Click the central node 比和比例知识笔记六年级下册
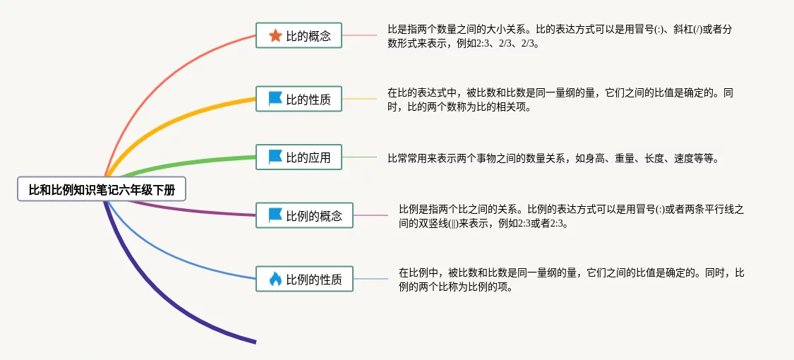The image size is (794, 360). pos(102,189)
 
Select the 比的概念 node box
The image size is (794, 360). pos(299,35)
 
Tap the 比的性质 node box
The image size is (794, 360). pos(299,99)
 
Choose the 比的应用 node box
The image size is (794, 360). pos(299,157)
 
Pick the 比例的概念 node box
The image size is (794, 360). pos(304,215)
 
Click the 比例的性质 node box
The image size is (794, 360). pos(304,279)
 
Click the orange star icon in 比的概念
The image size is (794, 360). pos(275,35)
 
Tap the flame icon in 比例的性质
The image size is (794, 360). pos(275,279)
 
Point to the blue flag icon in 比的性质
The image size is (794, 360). pos(275,99)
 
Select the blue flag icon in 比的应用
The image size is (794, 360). pos(275,157)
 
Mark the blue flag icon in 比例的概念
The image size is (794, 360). pos(275,215)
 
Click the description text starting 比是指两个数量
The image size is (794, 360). pos(560,37)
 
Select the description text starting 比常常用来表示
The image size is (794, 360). pos(553,159)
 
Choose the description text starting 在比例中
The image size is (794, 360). pos(571,280)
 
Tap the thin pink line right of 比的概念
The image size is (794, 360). pos(359,35)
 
